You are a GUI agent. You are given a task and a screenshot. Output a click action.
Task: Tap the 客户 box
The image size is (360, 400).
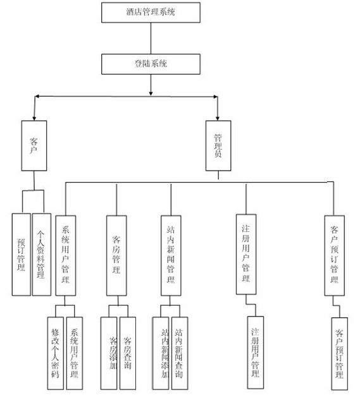point(34,145)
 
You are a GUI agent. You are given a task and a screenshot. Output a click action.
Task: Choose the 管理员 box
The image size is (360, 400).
point(218,145)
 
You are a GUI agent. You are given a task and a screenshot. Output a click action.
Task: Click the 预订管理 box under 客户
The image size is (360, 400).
point(21,254)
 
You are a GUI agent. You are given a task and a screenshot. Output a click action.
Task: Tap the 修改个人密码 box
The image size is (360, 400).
point(55,353)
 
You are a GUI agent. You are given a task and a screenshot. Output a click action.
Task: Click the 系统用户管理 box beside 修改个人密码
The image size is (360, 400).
point(74,353)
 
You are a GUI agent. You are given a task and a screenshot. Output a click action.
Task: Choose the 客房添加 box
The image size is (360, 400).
point(109,353)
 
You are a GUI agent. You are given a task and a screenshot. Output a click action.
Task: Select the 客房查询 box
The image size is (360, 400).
point(127,353)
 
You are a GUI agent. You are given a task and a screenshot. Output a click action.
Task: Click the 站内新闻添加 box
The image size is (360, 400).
point(162,353)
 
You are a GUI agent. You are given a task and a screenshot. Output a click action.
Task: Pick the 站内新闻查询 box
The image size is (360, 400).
point(180,353)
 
